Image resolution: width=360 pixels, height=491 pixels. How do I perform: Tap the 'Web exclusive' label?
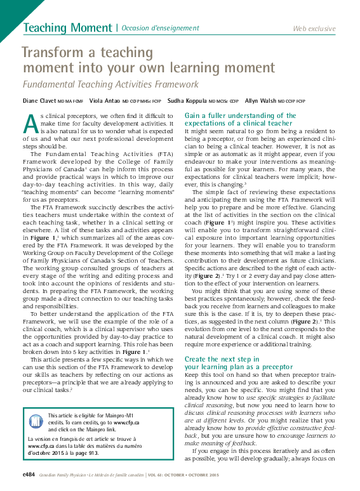coord(314,29)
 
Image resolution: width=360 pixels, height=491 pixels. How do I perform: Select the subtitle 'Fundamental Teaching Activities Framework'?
coord(110,84)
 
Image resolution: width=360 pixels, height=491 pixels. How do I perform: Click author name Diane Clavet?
coord(39,101)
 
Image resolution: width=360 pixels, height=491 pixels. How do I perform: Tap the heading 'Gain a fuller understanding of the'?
coord(240,115)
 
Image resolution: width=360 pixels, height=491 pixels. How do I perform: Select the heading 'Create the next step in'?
coord(222,358)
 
